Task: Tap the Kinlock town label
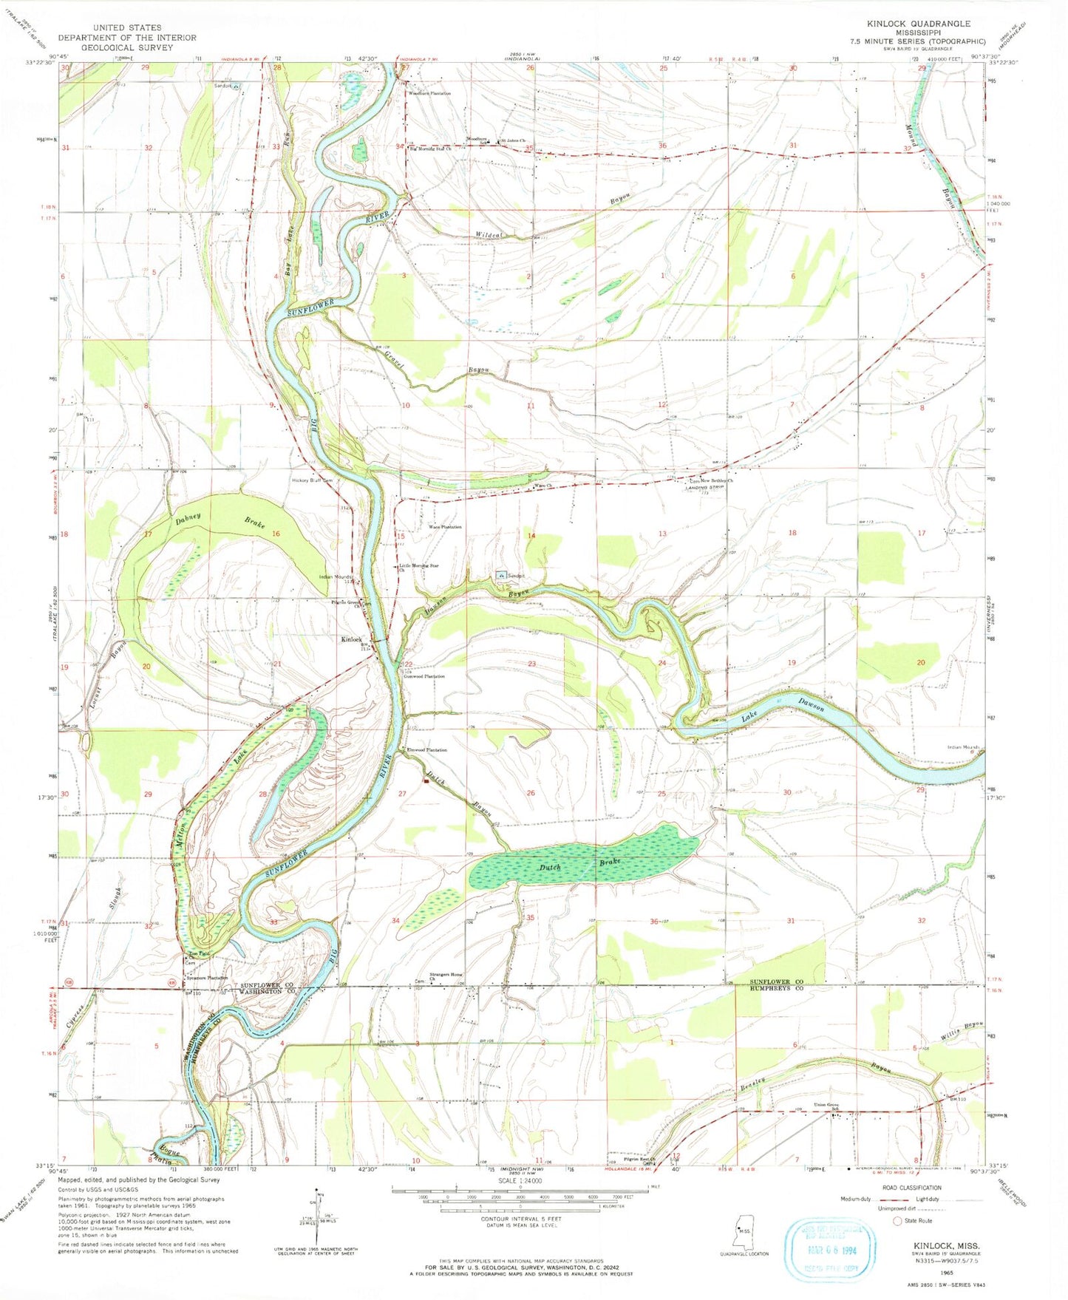(351, 639)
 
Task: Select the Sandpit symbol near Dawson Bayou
(502, 575)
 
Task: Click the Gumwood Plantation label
(424, 676)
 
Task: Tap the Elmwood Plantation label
(427, 750)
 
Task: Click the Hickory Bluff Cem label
(312, 480)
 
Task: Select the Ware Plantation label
(445, 527)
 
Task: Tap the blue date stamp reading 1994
(831, 1249)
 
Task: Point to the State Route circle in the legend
(898, 1221)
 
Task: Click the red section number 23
(531, 664)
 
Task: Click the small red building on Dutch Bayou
(426, 778)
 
